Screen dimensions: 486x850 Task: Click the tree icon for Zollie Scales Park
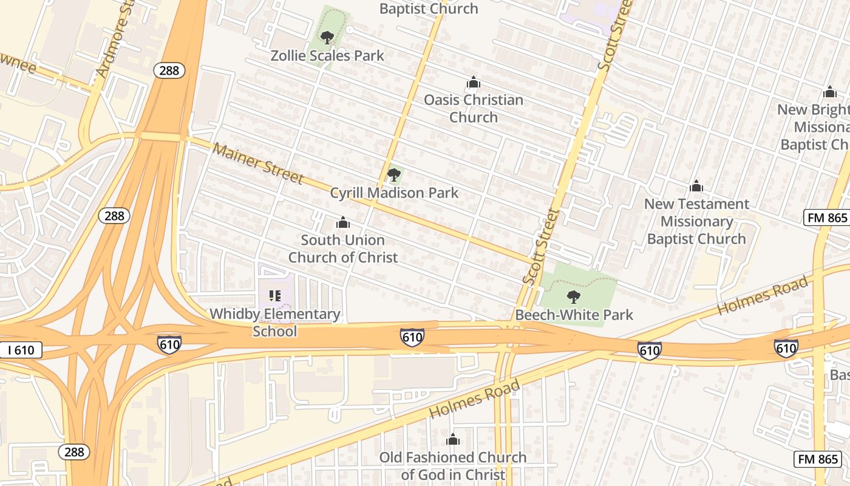pyautogui.click(x=327, y=38)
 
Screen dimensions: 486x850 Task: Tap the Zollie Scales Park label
pyautogui.click(x=327, y=56)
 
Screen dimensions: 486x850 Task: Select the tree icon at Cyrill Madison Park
pyautogui.click(x=394, y=176)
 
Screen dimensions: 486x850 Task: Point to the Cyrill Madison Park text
pyautogui.click(x=394, y=193)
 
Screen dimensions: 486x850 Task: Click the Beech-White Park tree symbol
pyautogui.click(x=573, y=297)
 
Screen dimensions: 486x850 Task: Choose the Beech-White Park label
pyautogui.click(x=574, y=315)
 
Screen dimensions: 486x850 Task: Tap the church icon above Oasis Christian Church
pyautogui.click(x=473, y=83)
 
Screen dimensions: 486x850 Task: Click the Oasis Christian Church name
pyautogui.click(x=473, y=108)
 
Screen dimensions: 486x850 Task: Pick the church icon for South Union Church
pyautogui.click(x=343, y=223)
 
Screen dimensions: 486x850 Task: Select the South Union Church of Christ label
pyautogui.click(x=343, y=248)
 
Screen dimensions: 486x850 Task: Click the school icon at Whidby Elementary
pyautogui.click(x=275, y=296)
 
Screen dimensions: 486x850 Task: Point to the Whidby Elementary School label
pyautogui.click(x=275, y=323)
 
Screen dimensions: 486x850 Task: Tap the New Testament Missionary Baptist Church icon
pyautogui.click(x=696, y=186)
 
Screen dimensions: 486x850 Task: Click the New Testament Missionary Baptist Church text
pyautogui.click(x=696, y=221)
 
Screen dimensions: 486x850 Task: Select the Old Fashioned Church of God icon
pyautogui.click(x=452, y=439)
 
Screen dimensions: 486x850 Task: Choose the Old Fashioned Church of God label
pyautogui.click(x=452, y=466)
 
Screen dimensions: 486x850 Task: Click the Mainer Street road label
pyautogui.click(x=257, y=163)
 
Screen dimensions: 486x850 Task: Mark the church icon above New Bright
pyautogui.click(x=830, y=92)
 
